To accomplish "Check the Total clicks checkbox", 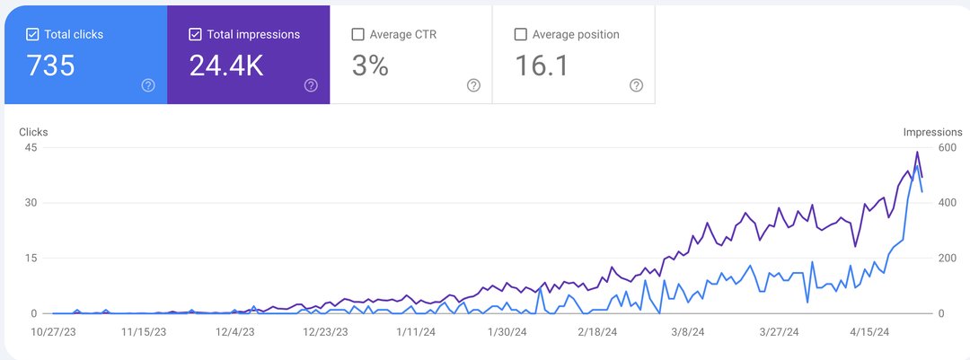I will coord(32,35).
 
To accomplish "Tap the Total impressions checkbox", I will coord(195,35).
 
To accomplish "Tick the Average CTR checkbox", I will coord(357,35).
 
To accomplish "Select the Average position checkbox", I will coord(520,35).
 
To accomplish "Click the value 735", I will coord(50,66).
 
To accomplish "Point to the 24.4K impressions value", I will coord(226,66).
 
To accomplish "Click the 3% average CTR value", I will coord(369,66).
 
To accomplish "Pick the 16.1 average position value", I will coord(541,66).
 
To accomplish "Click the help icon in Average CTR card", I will coord(473,85).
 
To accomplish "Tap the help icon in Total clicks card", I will coord(148,85).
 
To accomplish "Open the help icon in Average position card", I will coord(636,85).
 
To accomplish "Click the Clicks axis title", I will coord(33,132).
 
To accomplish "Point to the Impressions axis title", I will coord(932,132).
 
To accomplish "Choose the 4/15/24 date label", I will coord(869,331).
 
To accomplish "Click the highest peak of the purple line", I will coord(917,153).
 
